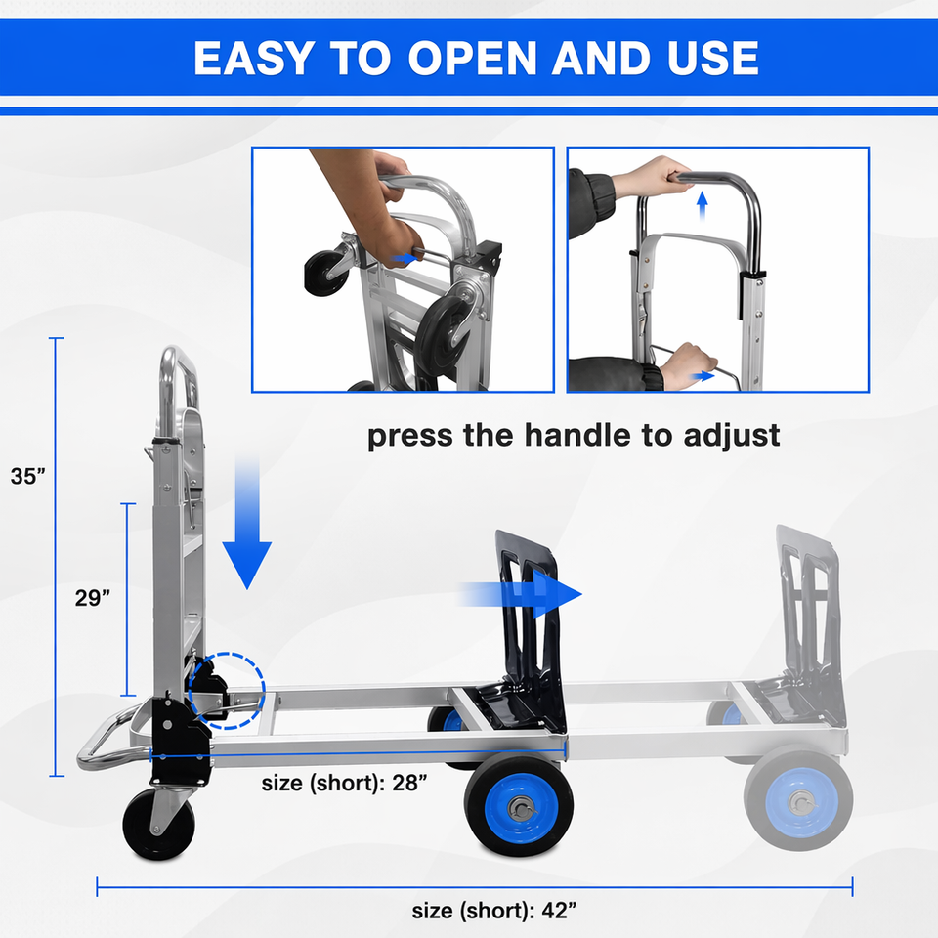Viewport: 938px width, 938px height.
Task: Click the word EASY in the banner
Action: pyautogui.click(x=254, y=58)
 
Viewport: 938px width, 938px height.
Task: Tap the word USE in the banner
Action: pyautogui.click(x=713, y=58)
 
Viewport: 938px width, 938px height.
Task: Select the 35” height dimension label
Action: pyautogui.click(x=28, y=476)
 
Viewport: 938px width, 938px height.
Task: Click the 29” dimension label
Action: pyautogui.click(x=93, y=598)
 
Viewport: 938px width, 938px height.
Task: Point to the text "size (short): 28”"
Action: pyautogui.click(x=345, y=783)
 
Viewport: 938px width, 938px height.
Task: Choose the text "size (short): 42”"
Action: pyautogui.click(x=494, y=911)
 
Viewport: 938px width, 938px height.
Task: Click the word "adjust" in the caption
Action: pyautogui.click(x=732, y=436)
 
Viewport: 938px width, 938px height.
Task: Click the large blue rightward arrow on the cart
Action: pyautogui.click(x=521, y=594)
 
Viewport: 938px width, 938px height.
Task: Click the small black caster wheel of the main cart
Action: pyautogui.click(x=158, y=825)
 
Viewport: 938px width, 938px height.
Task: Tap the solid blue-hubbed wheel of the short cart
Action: pyautogui.click(x=519, y=806)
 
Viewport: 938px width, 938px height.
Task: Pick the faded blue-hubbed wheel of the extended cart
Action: pyautogui.click(x=798, y=800)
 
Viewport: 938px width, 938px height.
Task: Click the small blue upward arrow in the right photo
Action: pyautogui.click(x=703, y=204)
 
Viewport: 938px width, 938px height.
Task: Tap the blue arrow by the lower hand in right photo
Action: pyautogui.click(x=703, y=376)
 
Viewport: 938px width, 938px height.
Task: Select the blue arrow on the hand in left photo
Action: pyautogui.click(x=405, y=258)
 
